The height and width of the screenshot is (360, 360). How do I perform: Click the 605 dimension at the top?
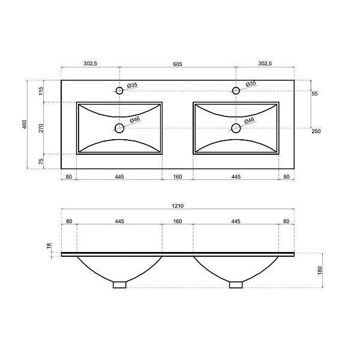pos(178,64)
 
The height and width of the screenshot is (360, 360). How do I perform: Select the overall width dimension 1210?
pos(178,206)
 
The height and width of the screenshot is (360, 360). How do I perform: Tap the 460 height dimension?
pos(25,124)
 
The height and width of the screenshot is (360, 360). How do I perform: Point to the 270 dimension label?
pos(41,128)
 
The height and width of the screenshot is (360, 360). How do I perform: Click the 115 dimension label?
pos(41,91)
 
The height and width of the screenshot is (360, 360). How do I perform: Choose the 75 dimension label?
pos(41,161)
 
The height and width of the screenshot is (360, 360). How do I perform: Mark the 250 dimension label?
pos(316,131)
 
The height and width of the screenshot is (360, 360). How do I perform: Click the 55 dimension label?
pos(314,94)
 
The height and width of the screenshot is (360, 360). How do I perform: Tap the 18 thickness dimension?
pos(49,246)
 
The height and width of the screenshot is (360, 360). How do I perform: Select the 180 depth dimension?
pos(320,271)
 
